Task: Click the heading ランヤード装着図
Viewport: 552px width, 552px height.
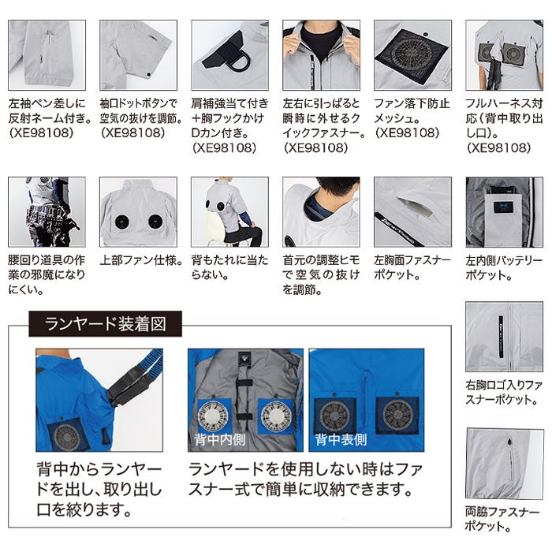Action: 105,323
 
